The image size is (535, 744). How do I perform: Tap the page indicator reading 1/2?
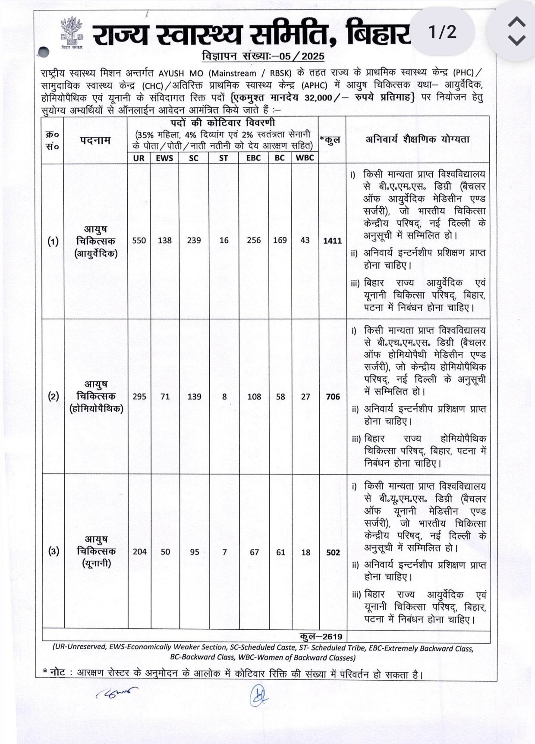coord(442,32)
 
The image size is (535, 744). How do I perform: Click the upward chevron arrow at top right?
coord(516,22)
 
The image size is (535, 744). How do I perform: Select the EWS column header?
coord(164,158)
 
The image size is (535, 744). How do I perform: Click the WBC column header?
coord(305,158)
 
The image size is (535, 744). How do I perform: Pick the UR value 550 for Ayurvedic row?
coord(139,241)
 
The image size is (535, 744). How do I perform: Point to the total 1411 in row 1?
coord(332,241)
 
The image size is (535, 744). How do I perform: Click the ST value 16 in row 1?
coord(223,241)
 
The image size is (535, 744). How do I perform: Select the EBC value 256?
coord(254,241)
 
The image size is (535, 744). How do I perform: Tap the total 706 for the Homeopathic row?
coord(333,397)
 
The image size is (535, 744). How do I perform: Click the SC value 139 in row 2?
coord(194,397)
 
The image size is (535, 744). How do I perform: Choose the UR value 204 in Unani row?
coord(139,552)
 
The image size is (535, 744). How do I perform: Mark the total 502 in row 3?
coord(333,553)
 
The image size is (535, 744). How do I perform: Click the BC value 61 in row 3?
coord(280,552)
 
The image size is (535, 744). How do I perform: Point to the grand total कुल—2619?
coord(321,637)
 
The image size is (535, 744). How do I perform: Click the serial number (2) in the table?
coord(53,396)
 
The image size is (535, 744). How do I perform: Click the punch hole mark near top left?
coord(43,53)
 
